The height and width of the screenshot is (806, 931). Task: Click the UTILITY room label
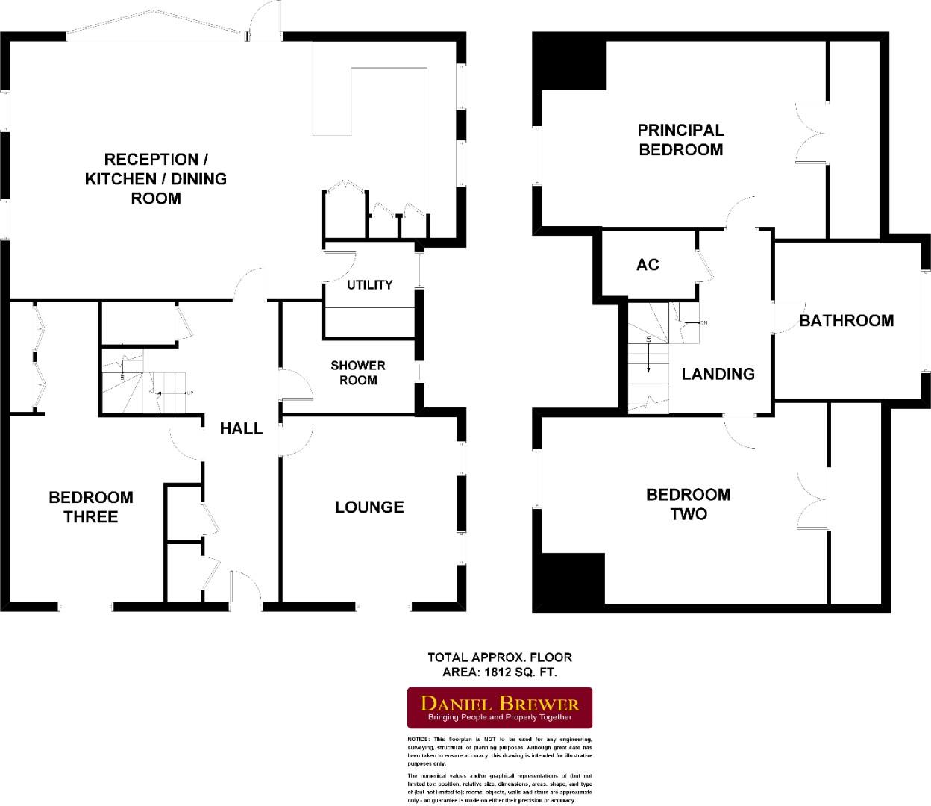[x=369, y=284]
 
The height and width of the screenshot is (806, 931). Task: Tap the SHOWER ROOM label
[x=358, y=372]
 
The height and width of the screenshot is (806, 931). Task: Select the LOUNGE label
[x=369, y=507]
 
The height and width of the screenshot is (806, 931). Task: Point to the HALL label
[x=241, y=428]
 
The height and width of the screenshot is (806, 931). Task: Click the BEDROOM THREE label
[x=91, y=507]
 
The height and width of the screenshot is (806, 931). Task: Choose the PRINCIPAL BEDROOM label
[x=680, y=140]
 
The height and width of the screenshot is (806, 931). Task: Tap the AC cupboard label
[x=648, y=265]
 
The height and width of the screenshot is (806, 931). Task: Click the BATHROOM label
[x=846, y=321]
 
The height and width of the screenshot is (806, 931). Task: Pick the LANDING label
[x=718, y=374]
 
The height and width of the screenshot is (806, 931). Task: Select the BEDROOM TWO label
[x=688, y=504]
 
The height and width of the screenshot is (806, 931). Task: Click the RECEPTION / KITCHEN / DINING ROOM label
[x=155, y=178]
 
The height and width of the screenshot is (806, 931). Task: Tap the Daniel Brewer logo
[x=499, y=707]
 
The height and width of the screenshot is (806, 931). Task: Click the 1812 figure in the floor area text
[x=499, y=672]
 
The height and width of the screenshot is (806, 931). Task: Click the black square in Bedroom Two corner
[x=573, y=579]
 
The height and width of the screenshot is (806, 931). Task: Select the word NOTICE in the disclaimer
[x=419, y=739]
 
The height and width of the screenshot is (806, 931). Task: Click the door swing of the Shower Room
[x=295, y=386]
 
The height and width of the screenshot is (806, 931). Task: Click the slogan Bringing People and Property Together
[x=499, y=717]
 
